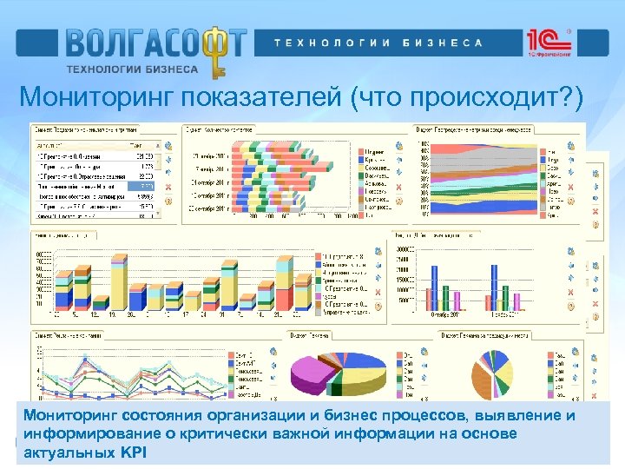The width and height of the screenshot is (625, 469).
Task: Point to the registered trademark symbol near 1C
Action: (568, 31)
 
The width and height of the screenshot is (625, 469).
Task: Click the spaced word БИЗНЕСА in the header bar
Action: (443, 43)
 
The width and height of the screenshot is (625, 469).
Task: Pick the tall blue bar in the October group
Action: (494, 287)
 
